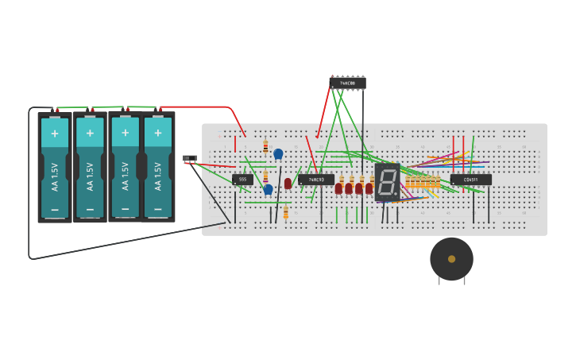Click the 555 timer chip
(x=243, y=180)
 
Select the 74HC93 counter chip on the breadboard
(x=316, y=180)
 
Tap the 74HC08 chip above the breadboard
(x=348, y=83)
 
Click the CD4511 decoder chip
(x=470, y=180)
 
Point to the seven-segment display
(x=387, y=181)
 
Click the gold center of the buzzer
(x=451, y=259)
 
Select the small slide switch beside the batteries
(x=189, y=158)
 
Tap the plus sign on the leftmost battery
(x=55, y=133)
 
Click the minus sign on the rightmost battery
(x=158, y=210)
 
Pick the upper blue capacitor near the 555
(x=278, y=154)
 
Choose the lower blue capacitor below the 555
(x=269, y=189)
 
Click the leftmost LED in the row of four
(x=338, y=188)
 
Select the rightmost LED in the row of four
(x=369, y=188)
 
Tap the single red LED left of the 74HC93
(x=288, y=184)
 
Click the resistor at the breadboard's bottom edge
(x=285, y=213)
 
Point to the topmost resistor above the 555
(x=265, y=147)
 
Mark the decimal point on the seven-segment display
(x=396, y=195)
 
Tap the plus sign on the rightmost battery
(x=158, y=133)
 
